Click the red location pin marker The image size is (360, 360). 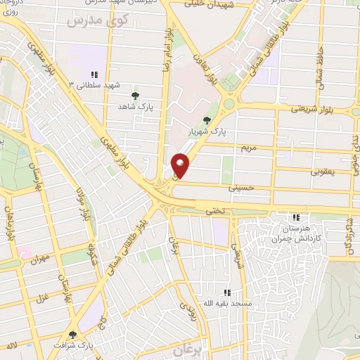pyautogui.click(x=181, y=166)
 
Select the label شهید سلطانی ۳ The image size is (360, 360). pyautogui.click(x=91, y=84)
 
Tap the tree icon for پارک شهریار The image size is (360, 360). pyautogui.click(x=206, y=120)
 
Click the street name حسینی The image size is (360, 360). pyautogui.click(x=241, y=188)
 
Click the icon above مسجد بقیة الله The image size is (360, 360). pyautogui.click(x=226, y=292)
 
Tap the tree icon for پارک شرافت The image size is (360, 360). pyautogui.click(x=72, y=335)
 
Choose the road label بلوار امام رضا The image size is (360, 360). pyautogui.click(x=169, y=42)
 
